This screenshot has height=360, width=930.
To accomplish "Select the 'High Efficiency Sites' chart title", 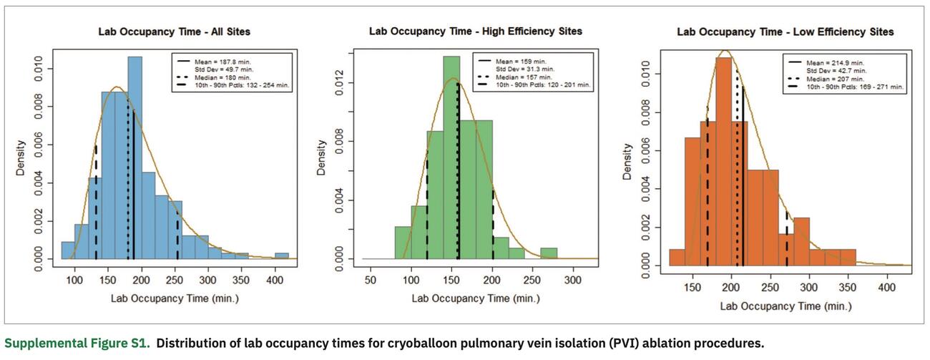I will [476, 31].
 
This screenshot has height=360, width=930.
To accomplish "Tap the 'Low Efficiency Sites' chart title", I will [785, 32].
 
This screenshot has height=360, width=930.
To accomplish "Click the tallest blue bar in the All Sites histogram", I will [134, 157].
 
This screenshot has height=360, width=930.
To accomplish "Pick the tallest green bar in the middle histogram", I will [451, 157].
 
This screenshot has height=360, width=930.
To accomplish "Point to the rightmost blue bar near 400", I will [282, 256].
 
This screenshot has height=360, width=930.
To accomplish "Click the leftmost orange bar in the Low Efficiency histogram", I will [677, 258].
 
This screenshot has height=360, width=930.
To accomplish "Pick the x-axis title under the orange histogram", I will [785, 306].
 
